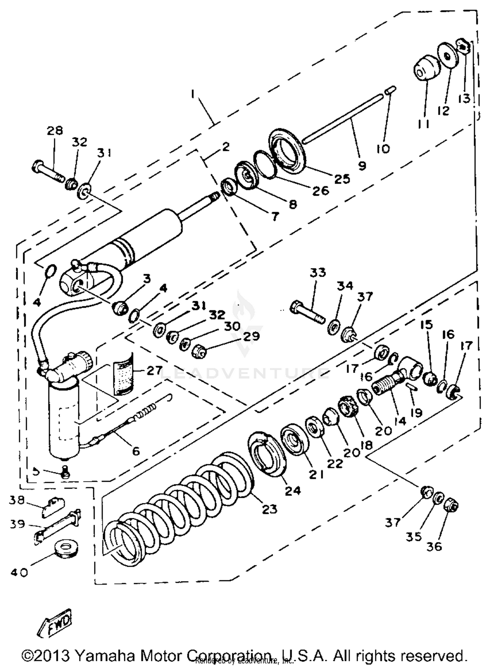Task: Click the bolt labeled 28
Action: [x=47, y=171]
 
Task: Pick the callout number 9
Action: [x=362, y=166]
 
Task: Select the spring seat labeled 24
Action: [x=266, y=453]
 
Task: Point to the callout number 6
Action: [x=136, y=451]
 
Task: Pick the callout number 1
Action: [x=193, y=95]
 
